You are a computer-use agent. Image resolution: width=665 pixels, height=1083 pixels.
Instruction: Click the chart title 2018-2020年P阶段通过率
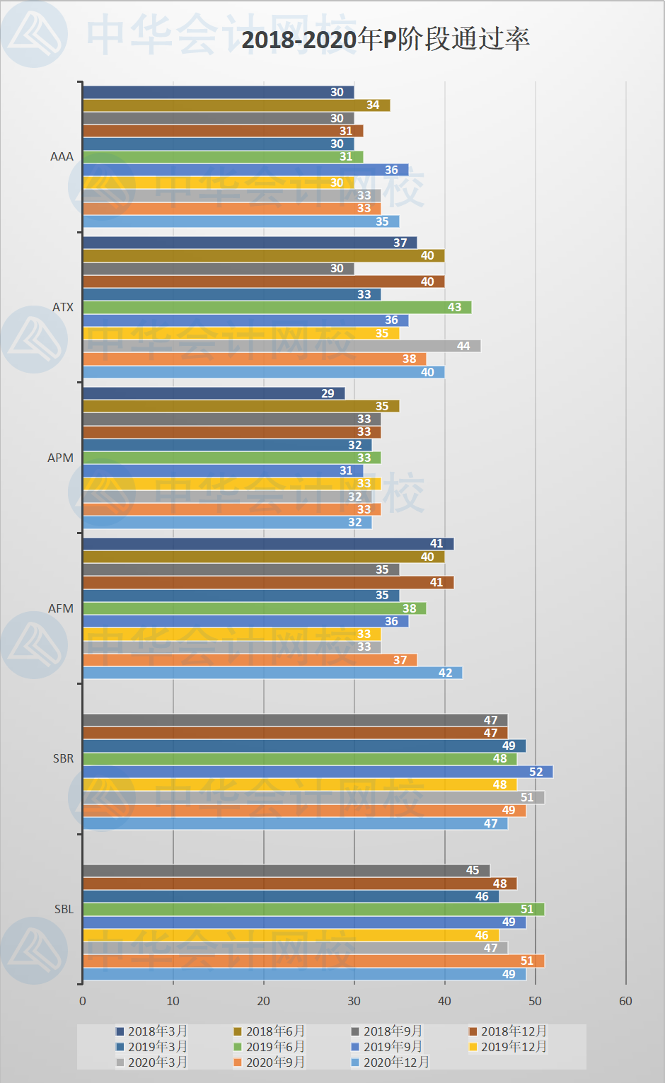tap(386, 39)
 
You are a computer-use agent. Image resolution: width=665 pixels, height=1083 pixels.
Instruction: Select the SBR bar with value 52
tap(318, 772)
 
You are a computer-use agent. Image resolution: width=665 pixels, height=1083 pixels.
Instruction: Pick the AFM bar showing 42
tap(272, 673)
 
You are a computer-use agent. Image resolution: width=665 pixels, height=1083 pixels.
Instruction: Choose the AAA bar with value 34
tap(236, 105)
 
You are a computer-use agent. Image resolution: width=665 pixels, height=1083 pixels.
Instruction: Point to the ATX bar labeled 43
tap(277, 307)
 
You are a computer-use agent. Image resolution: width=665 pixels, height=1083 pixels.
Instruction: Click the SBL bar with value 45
tap(286, 870)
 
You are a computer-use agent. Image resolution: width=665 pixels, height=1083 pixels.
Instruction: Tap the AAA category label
tap(62, 156)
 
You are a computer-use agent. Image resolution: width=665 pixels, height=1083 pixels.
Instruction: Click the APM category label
tap(60, 458)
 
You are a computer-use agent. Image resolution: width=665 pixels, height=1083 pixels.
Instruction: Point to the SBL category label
tap(64, 909)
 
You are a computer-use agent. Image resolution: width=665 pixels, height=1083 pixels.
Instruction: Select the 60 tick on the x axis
tap(625, 1001)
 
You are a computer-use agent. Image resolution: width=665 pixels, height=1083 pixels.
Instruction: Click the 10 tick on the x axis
tap(173, 1001)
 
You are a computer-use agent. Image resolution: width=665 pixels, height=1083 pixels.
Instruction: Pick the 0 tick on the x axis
tap(83, 1001)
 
